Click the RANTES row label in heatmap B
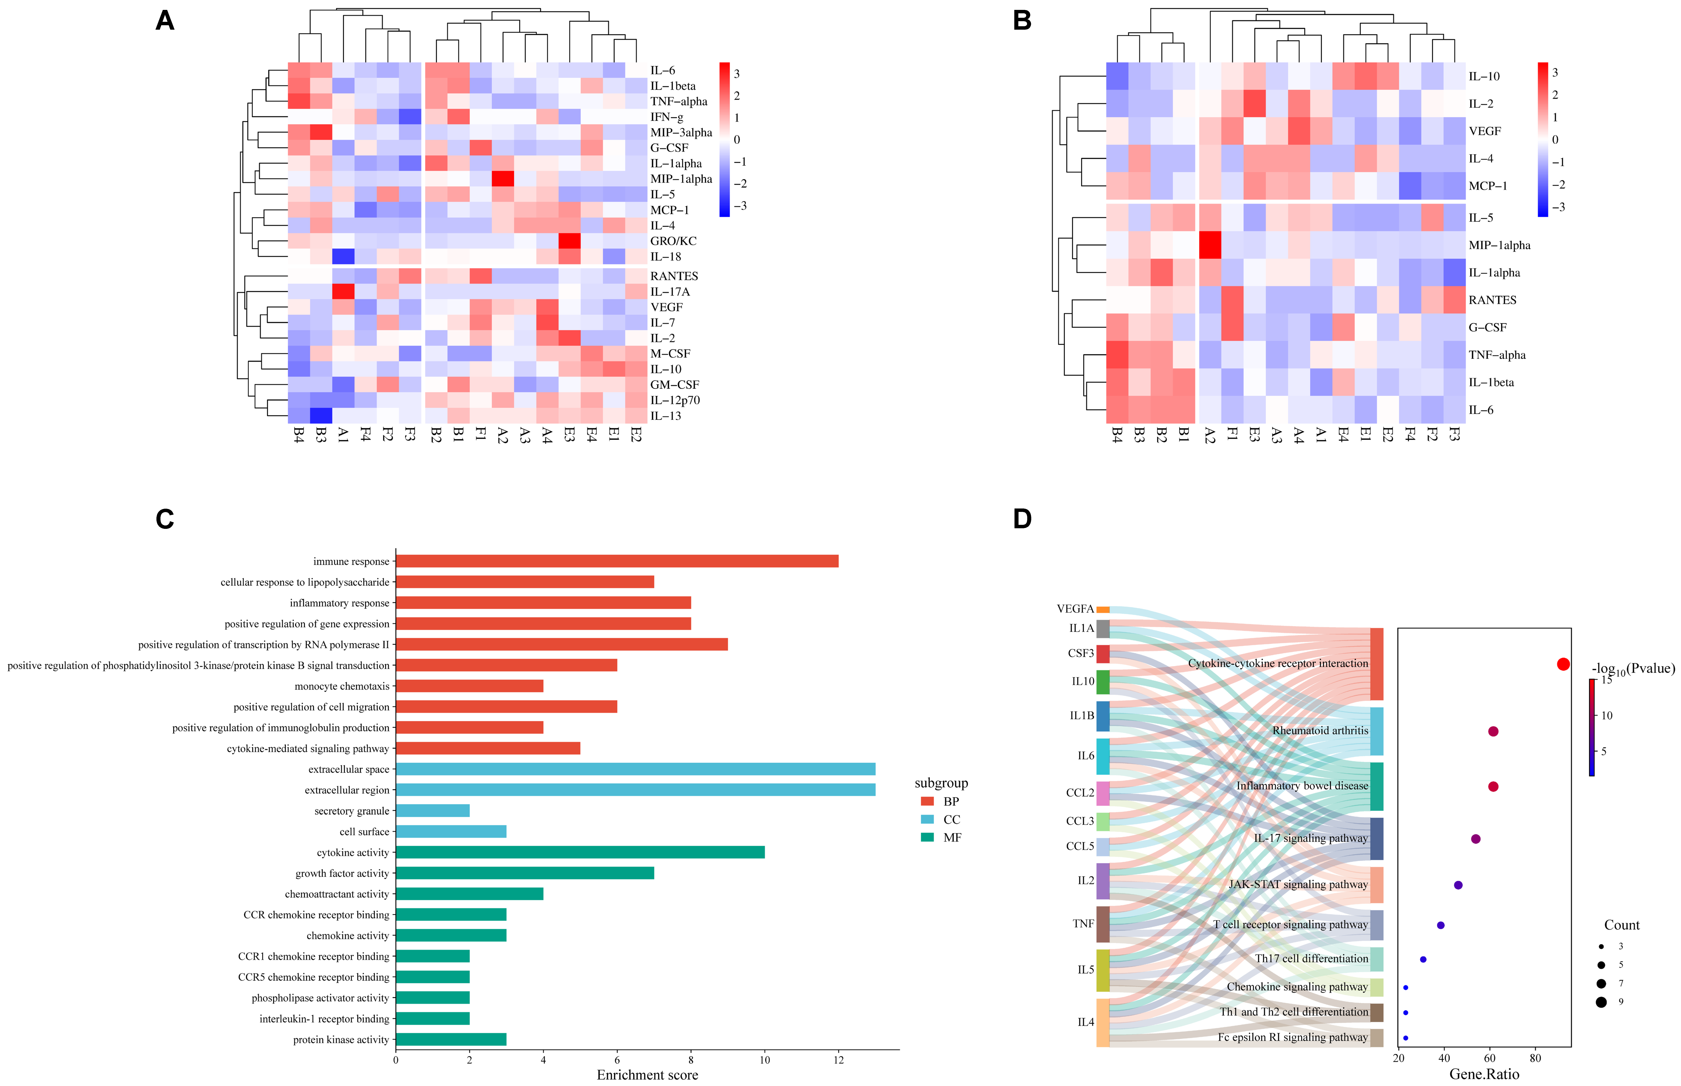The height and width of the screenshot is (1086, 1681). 1492,300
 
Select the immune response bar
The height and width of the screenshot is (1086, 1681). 617,561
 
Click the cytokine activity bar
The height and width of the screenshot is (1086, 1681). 580,853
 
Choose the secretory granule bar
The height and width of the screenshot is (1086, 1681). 432,811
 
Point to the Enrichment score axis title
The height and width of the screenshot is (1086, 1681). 647,1075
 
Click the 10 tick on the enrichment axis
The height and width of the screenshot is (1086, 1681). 764,1059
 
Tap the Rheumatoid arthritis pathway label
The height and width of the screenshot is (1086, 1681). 1320,731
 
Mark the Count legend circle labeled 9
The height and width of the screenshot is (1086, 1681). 1601,1002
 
